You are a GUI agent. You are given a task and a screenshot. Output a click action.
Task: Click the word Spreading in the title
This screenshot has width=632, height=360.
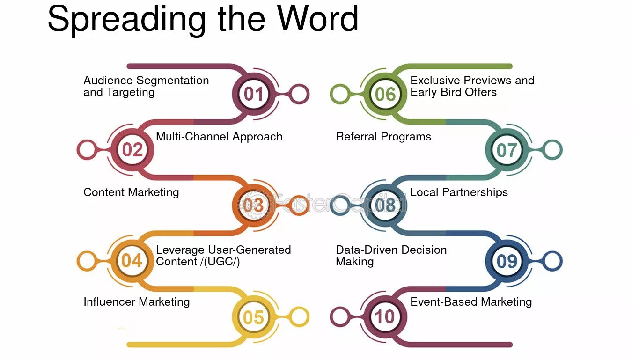pyautogui.click(x=127, y=20)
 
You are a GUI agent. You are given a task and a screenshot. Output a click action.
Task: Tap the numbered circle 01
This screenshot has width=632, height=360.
pyautogui.click(x=254, y=94)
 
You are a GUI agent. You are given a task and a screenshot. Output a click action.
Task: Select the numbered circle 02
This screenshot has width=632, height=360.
pyautogui.click(x=132, y=150)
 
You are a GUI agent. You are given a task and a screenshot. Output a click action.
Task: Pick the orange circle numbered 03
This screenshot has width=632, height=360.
pyautogui.click(x=254, y=206)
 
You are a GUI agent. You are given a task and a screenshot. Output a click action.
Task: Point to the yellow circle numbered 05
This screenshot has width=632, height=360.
pyautogui.click(x=254, y=317)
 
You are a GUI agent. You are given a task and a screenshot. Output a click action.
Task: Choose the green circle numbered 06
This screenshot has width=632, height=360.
pyautogui.click(x=385, y=94)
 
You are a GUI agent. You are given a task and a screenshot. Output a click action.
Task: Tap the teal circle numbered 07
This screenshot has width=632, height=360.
pyautogui.click(x=507, y=150)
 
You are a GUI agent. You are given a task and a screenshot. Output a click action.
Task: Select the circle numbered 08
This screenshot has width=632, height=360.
pyautogui.click(x=385, y=206)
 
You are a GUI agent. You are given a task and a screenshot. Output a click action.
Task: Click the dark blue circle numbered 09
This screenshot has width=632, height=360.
pyautogui.click(x=507, y=261)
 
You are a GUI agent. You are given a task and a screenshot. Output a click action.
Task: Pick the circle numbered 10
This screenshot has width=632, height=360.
pyautogui.click(x=385, y=316)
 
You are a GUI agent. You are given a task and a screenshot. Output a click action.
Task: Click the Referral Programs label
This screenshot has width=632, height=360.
pyautogui.click(x=383, y=137)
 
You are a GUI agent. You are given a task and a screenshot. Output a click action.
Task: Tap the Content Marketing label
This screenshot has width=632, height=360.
pyautogui.click(x=131, y=193)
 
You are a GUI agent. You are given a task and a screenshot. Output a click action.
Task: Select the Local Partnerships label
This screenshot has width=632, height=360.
pyautogui.click(x=459, y=192)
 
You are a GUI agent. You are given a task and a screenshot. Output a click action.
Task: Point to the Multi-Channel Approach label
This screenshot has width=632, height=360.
pyautogui.click(x=219, y=137)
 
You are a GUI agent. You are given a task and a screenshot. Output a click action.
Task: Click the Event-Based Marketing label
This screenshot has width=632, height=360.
pyautogui.click(x=471, y=302)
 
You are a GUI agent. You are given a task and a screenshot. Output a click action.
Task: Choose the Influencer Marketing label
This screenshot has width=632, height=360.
pyautogui.click(x=137, y=302)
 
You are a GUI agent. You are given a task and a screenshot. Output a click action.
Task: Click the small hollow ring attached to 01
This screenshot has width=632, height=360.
pyautogui.click(x=299, y=94)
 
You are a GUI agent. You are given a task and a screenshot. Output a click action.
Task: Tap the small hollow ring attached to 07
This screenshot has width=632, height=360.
pyautogui.click(x=552, y=150)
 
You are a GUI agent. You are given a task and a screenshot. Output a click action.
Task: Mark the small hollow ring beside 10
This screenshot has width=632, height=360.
pyautogui.click(x=340, y=316)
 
